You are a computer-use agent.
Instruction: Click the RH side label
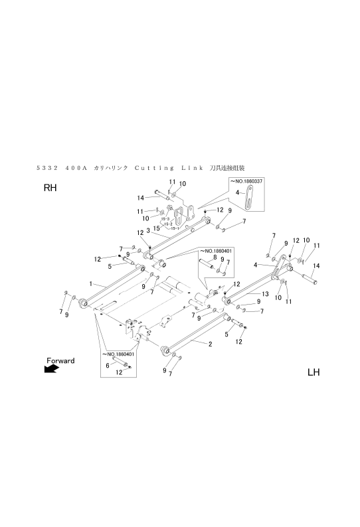(x=51, y=188)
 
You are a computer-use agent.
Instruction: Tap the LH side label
(x=314, y=372)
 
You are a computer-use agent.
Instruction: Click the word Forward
(x=60, y=360)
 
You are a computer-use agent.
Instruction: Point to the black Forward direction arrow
(x=52, y=370)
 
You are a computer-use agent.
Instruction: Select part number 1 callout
(x=89, y=283)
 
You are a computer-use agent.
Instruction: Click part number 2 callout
(x=210, y=344)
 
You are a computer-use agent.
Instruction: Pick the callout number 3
(x=147, y=230)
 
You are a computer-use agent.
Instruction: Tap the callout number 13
(x=264, y=293)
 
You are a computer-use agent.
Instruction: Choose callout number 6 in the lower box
(x=108, y=365)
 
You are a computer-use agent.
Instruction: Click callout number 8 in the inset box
(x=214, y=257)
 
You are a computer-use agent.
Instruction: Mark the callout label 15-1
(x=174, y=228)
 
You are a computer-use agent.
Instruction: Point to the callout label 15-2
(x=169, y=224)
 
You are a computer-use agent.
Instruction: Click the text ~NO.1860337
(x=246, y=180)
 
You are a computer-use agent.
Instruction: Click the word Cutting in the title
(x=155, y=168)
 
